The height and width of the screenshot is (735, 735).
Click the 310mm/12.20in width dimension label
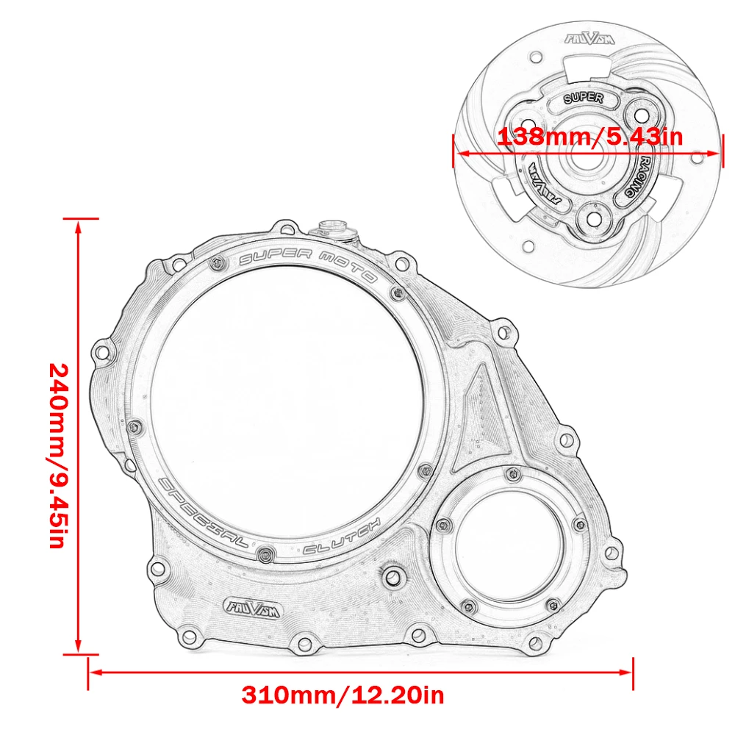pyautogui.click(x=343, y=694)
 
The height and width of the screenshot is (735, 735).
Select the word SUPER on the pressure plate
pyautogui.click(x=583, y=97)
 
